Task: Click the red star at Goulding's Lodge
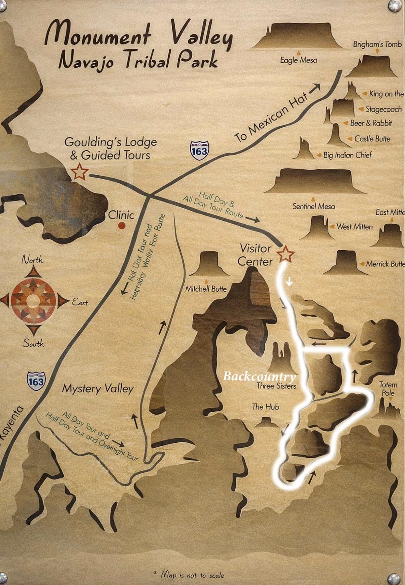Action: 79,172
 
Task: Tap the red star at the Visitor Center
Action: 286,254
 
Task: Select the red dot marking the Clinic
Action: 122,226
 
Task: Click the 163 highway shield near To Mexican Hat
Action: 199,150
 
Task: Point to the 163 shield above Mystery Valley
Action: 36,381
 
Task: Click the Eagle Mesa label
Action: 298,60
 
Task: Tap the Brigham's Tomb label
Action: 377,44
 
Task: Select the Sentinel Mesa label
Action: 313,206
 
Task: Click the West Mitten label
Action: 355,227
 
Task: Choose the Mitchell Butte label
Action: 206,289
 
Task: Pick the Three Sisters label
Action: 276,386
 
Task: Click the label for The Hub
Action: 265,407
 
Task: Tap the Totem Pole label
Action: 388,389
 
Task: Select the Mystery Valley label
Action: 98,389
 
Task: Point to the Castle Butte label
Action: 372,139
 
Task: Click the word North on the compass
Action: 32,260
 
